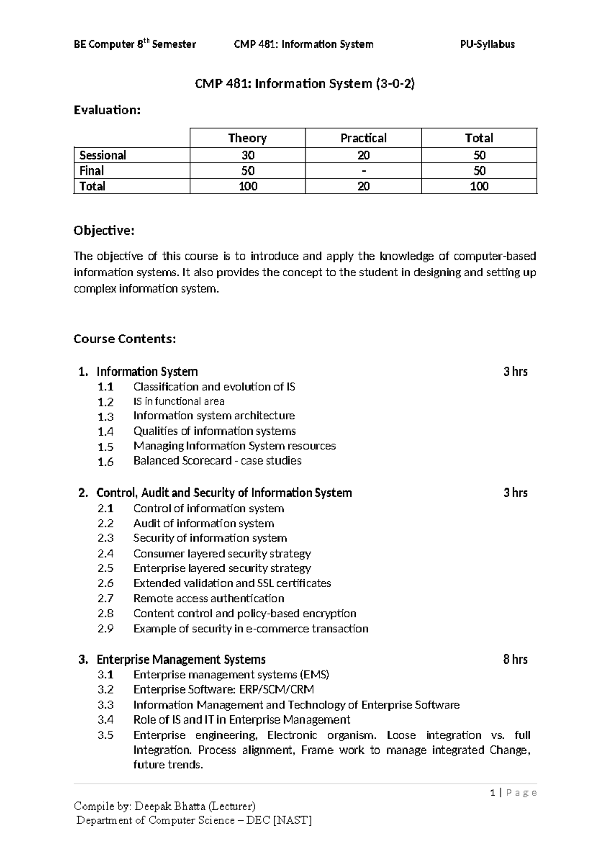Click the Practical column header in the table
pos(363,138)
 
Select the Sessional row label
pos(103,155)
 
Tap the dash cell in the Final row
pos(363,171)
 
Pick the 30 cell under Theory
pos(247,155)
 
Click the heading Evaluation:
pos(106,110)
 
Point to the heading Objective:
pos(104,231)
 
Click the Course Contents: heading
pos(125,339)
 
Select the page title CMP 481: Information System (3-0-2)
pos(305,83)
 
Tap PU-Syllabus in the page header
pos(487,44)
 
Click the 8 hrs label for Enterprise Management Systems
pos(515,659)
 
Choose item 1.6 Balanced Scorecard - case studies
pos(217,461)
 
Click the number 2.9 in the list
pos(105,629)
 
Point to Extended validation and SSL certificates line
pos(232,583)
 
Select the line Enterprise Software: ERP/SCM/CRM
pos(224,689)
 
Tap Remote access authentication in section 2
pos(209,598)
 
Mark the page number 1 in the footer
pos(492,793)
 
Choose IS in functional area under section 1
pos(179,401)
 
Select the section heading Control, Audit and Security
pos(224,493)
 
